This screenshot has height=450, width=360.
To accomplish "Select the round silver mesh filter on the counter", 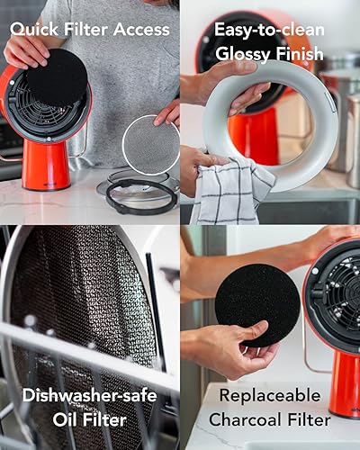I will pos(149,144).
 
